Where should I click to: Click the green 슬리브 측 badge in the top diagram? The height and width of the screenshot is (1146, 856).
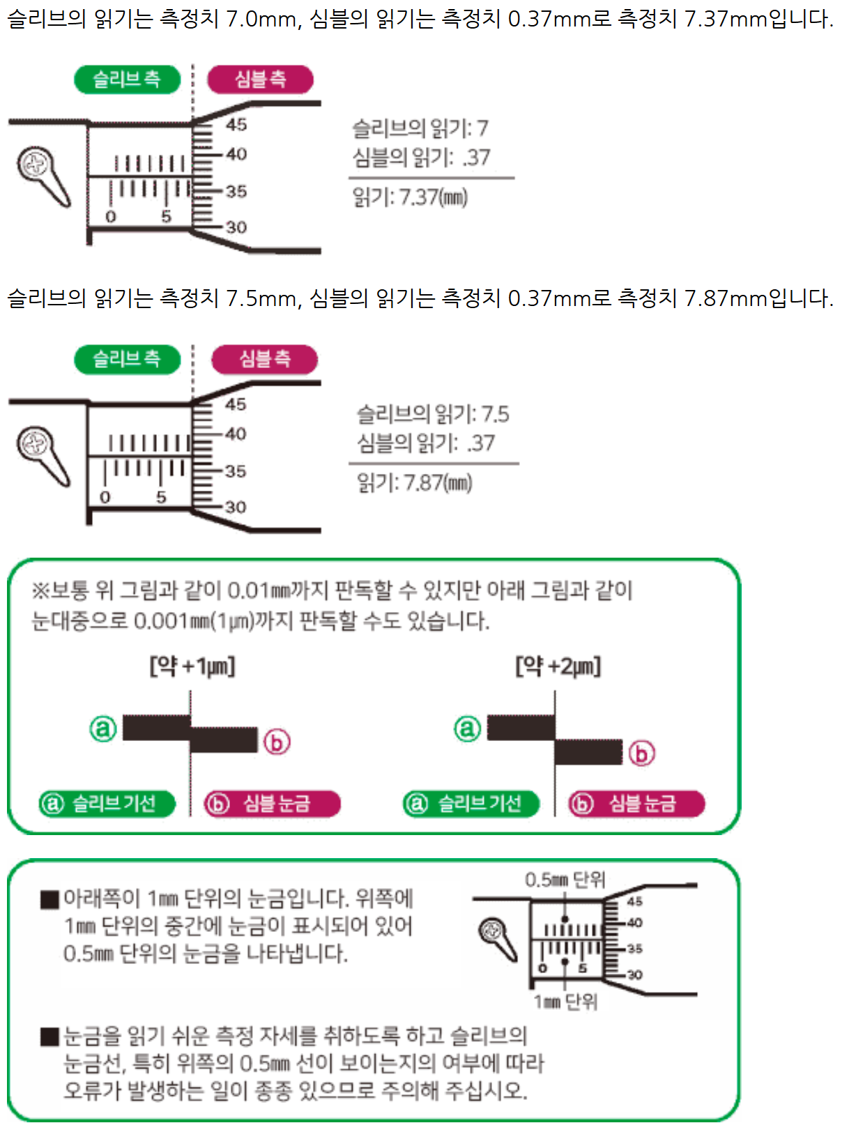point(127,79)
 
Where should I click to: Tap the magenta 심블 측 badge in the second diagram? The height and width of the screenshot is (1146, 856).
point(264,359)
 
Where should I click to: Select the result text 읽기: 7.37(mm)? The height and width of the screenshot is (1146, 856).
point(410,197)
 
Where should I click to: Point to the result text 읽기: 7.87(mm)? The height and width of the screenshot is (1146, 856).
point(415,482)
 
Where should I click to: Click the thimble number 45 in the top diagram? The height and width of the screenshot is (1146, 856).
point(236,125)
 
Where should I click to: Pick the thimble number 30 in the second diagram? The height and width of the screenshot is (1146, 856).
point(236,507)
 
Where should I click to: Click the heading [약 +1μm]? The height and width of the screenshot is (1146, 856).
point(192,666)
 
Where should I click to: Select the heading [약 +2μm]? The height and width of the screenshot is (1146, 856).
point(558,666)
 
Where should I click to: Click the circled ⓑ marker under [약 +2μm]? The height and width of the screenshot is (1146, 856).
point(641,754)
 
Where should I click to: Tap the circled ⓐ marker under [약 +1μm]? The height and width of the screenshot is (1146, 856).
point(103,729)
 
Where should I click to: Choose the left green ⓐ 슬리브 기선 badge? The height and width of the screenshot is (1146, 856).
point(107,804)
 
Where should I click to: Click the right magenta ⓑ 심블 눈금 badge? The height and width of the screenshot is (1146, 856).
point(636,804)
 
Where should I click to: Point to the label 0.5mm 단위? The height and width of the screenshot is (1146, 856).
point(565,880)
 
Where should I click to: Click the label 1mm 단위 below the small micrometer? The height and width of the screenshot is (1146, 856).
point(565,1002)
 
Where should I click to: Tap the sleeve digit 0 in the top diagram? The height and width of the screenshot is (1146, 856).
point(110,217)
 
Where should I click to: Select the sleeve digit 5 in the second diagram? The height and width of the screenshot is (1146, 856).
point(161,497)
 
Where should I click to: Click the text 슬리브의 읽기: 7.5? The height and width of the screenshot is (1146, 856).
point(433,414)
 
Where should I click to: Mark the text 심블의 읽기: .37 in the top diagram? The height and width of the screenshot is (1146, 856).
point(421,158)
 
